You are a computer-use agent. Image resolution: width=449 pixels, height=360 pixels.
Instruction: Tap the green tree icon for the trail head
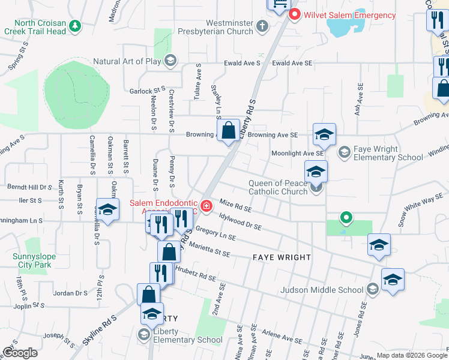point(75,26)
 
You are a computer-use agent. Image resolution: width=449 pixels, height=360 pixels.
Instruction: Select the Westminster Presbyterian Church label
point(221,27)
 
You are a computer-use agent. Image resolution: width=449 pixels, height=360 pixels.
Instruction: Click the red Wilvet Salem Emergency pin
point(295,14)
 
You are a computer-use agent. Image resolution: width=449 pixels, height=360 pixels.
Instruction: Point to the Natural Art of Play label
point(127,61)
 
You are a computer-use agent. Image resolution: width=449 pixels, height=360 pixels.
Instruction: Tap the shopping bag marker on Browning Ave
point(228,130)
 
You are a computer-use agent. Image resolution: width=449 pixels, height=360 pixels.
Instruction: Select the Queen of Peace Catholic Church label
point(279,188)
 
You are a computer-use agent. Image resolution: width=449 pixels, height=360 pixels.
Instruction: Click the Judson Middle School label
point(322,290)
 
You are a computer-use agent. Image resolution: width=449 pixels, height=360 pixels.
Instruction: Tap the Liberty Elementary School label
point(187,335)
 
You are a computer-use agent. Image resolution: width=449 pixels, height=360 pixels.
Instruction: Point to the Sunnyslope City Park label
point(34,260)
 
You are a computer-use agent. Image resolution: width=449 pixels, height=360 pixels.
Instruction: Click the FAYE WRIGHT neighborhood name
point(282,257)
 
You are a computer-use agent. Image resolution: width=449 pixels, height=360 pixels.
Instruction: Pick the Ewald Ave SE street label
point(292,63)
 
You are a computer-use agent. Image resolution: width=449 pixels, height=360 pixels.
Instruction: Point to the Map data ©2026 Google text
point(411,355)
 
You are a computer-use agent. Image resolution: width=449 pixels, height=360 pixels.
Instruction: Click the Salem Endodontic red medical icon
point(206,206)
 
